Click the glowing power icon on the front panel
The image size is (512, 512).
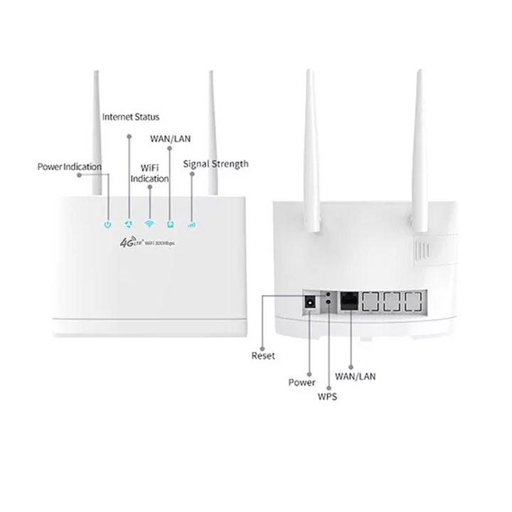point(108,224)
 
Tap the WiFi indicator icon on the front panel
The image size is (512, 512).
point(149,224)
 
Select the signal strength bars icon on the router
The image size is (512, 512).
point(191,225)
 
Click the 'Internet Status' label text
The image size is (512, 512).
point(131,117)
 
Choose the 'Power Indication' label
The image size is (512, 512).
point(70,167)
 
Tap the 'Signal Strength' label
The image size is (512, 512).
point(215,164)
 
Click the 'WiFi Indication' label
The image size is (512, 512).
point(149,174)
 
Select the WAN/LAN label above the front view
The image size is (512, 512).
point(170,139)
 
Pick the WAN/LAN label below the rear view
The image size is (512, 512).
point(356,376)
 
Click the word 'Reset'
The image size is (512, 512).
point(263,356)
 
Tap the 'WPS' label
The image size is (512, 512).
point(327,396)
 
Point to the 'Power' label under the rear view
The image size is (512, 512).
point(302,383)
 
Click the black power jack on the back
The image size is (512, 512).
point(310,302)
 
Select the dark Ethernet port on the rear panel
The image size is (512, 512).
point(349,302)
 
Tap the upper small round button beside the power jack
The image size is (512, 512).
point(328,294)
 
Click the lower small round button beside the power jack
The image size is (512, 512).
point(328,302)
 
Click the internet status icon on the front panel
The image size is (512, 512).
point(129,224)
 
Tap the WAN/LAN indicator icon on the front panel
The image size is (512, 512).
point(170,224)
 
